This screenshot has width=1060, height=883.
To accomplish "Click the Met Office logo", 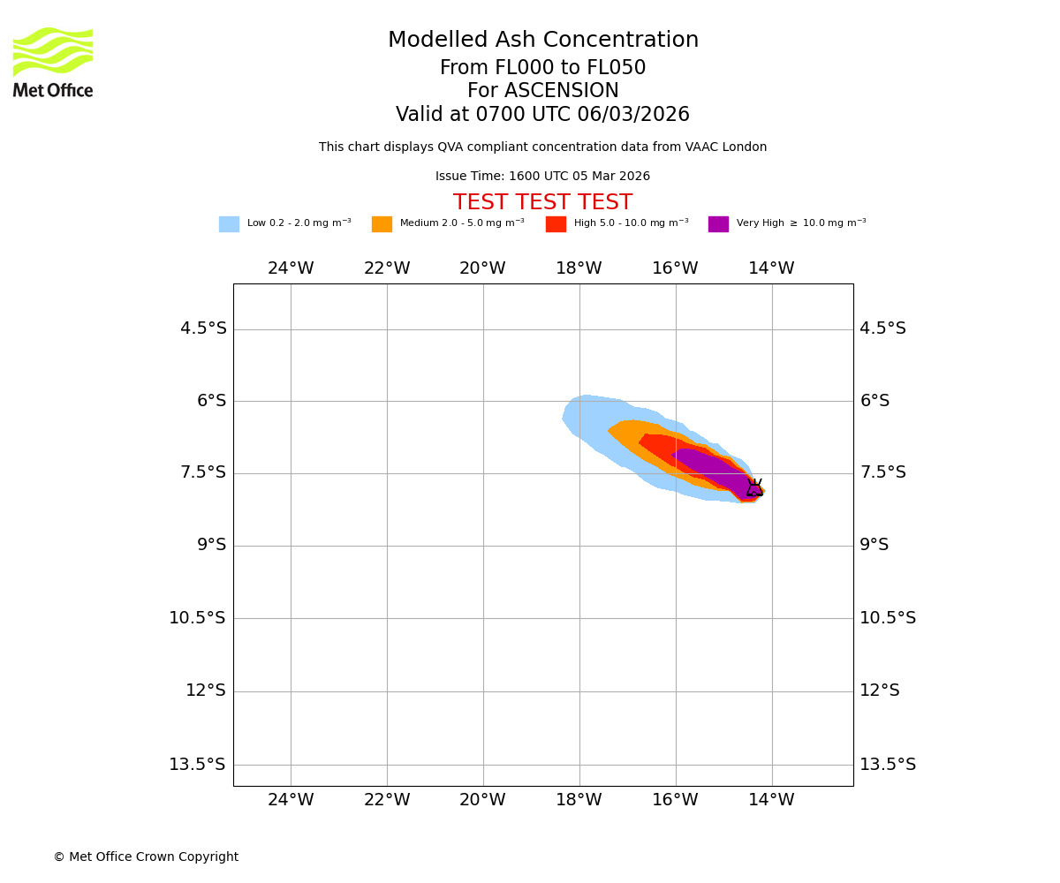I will (x=53, y=62).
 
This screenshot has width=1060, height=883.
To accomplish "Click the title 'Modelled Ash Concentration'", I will (x=542, y=41).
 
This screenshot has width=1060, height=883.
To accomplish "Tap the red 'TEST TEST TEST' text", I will (x=542, y=203).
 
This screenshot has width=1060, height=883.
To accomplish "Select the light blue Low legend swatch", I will (x=229, y=224).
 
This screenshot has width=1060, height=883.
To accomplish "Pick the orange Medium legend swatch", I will (x=382, y=224).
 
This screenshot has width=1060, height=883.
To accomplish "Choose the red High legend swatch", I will (x=556, y=224).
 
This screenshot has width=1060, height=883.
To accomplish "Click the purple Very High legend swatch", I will (x=718, y=224).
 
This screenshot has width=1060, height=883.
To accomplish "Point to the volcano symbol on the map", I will (x=754, y=487).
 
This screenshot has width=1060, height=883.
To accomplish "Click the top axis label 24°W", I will (x=291, y=268).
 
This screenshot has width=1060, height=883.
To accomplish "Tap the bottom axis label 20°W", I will (x=482, y=800).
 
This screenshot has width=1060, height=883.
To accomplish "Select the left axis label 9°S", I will (x=211, y=545).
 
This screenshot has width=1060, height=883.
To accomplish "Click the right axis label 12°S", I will (x=880, y=691).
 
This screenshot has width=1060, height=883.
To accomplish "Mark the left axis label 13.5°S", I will (x=197, y=765).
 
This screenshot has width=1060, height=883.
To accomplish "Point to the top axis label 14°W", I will (x=771, y=268).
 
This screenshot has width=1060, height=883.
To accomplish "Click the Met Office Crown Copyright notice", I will (x=146, y=857).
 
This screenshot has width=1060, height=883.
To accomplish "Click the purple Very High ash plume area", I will (x=711, y=465).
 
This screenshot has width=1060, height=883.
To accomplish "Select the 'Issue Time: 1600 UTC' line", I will (x=542, y=177).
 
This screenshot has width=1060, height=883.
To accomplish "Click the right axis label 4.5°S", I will (x=883, y=328).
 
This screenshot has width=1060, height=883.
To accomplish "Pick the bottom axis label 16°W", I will (x=675, y=800).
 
